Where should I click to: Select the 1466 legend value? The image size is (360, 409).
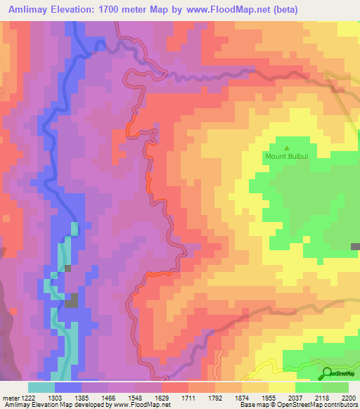tap(120, 398)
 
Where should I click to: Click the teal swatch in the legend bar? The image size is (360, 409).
tap(41, 387)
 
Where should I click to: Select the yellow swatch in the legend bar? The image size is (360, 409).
tap(281, 387)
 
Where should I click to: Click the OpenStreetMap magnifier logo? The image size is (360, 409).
tap(328, 374)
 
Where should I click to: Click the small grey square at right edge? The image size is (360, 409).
tap(355, 247)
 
